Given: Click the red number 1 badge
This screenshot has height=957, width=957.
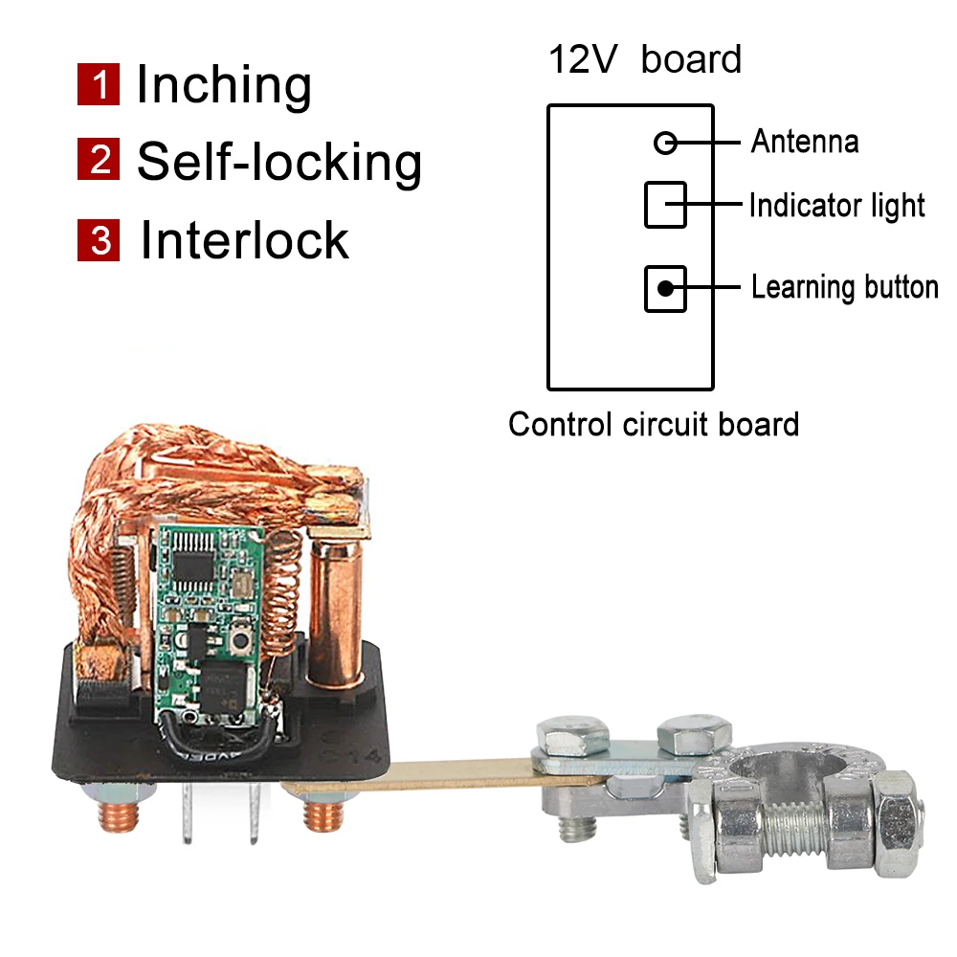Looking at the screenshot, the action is pyautogui.click(x=98, y=85).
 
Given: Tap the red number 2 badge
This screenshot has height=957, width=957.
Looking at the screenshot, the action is pyautogui.click(x=98, y=160).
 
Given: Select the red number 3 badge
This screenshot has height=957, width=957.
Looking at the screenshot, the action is pyautogui.click(x=98, y=239).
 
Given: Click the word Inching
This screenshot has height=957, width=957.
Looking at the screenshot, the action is pyautogui.click(x=224, y=85).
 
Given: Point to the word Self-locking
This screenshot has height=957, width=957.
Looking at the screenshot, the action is pyautogui.click(x=278, y=162).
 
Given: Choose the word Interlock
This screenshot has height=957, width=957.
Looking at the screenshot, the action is pyautogui.click(x=245, y=239).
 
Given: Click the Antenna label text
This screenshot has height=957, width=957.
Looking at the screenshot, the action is pyautogui.click(x=804, y=143).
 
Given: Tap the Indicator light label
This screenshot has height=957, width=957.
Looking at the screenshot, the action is pyautogui.click(x=836, y=206).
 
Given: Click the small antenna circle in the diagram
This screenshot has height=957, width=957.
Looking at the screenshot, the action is pyautogui.click(x=665, y=144).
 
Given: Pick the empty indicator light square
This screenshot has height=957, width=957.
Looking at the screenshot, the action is pyautogui.click(x=665, y=204).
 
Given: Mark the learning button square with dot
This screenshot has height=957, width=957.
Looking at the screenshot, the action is pyautogui.click(x=665, y=288).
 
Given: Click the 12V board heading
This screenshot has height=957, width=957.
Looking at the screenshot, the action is pyautogui.click(x=644, y=59).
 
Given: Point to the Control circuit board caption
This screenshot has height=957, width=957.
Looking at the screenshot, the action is pyautogui.click(x=654, y=424).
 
